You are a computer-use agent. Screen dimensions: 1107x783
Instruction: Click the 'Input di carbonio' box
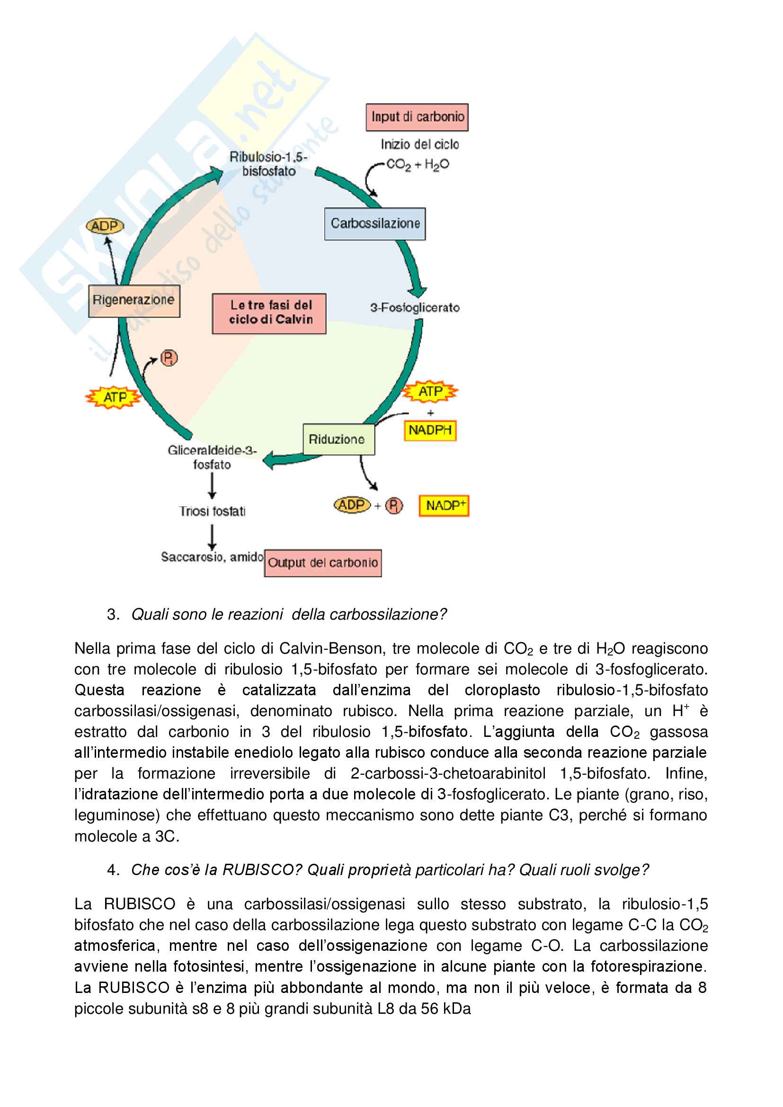(417, 117)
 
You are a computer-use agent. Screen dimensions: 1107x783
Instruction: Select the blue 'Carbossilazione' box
(374, 224)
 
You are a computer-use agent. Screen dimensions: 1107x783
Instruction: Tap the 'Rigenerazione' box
(134, 301)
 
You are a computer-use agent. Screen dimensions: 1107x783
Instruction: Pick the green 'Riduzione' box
(338, 439)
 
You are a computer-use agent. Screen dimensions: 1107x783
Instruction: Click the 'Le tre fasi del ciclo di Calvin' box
(269, 313)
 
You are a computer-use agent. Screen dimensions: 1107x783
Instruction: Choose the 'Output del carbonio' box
(322, 563)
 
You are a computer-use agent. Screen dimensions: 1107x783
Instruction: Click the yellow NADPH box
(429, 430)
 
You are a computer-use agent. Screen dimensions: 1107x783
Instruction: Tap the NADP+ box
(444, 506)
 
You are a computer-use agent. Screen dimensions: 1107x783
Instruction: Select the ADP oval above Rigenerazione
(105, 226)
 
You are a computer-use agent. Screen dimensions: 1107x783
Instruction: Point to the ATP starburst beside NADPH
(430, 391)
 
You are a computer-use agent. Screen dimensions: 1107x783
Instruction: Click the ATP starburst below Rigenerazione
(114, 397)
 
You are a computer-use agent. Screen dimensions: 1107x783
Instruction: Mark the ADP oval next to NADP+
(352, 505)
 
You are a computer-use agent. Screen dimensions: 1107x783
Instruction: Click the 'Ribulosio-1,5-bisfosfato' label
(268, 164)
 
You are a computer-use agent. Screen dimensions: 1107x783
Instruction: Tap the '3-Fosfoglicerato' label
(415, 308)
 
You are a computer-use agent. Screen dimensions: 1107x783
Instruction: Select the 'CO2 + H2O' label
(418, 165)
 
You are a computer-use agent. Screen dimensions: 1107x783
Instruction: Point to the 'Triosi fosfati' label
(212, 511)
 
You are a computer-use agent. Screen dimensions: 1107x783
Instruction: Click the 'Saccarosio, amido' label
(212, 558)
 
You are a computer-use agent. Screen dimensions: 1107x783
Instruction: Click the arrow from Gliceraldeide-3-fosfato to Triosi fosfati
(212, 486)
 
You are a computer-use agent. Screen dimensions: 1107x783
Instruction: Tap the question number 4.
(113, 870)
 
